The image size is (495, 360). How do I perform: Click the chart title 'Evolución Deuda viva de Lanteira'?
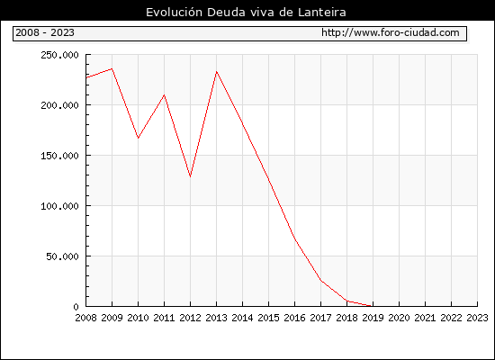[246, 13]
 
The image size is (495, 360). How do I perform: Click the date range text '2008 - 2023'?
[45, 32]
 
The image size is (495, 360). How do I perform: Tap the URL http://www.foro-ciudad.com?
[391, 32]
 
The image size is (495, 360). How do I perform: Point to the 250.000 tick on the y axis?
[59, 55]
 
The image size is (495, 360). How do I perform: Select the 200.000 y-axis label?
[59, 105]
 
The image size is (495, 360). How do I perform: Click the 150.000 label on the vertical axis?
[59, 156]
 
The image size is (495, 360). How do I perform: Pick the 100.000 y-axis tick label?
[59, 206]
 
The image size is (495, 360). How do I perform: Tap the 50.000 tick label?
[62, 256]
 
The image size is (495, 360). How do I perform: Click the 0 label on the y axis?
[76, 307]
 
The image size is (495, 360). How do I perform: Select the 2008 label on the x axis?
[85, 318]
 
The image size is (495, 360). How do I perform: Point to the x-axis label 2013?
[216, 318]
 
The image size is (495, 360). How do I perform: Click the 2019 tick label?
[373, 318]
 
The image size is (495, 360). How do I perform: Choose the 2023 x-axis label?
[477, 318]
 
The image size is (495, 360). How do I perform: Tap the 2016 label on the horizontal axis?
[294, 318]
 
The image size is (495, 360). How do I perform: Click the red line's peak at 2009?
[112, 68]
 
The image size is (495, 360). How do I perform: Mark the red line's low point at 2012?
[191, 176]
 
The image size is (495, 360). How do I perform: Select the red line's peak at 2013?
[216, 72]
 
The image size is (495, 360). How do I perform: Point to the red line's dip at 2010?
[138, 138]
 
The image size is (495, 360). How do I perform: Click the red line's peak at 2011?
[164, 95]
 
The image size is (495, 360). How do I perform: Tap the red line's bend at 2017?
[320, 280]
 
